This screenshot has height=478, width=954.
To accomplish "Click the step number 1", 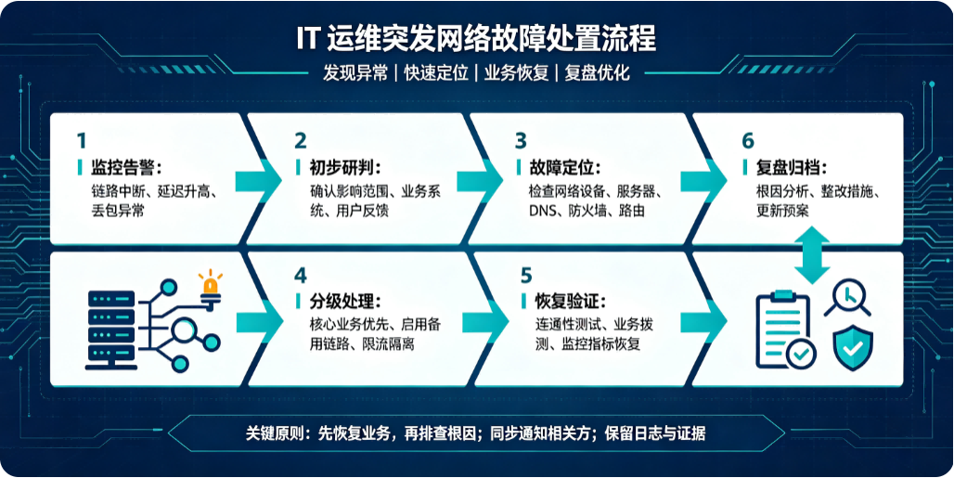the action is pyautogui.click(x=82, y=141).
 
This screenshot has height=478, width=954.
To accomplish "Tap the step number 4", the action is pyautogui.click(x=301, y=276).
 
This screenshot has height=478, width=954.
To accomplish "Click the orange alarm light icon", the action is pyautogui.click(x=210, y=285).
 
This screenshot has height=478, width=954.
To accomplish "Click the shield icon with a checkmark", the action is pyautogui.click(x=853, y=347).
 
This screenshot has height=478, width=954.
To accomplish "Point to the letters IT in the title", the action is pyautogui.click(x=308, y=40).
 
